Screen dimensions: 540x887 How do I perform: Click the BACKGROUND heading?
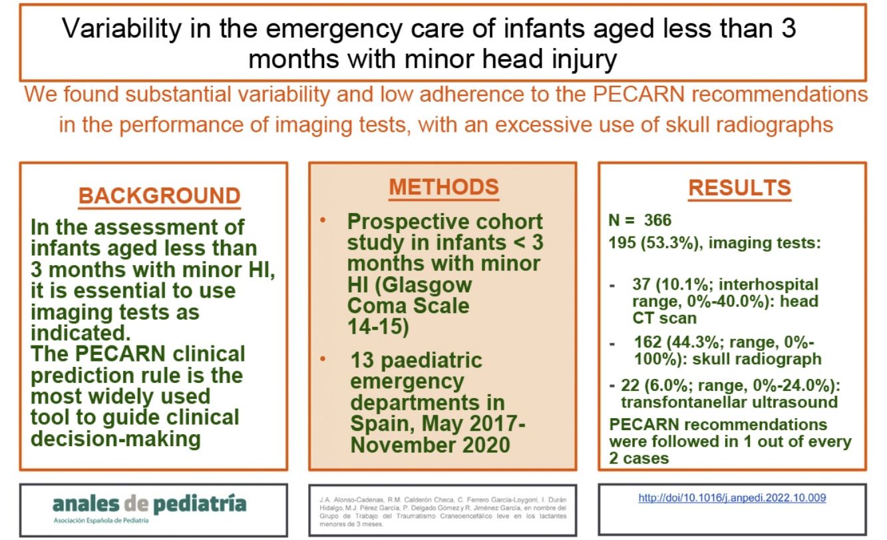pyautogui.click(x=159, y=196)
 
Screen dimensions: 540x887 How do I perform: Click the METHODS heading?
pyautogui.click(x=443, y=187)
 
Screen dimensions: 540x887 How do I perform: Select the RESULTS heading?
pyautogui.click(x=739, y=188)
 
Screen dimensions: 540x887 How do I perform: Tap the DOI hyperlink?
pyautogui.click(x=732, y=497)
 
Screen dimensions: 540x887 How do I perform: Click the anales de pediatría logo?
pyautogui.click(x=150, y=503)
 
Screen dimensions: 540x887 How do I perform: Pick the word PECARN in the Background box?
pyautogui.click(x=125, y=353)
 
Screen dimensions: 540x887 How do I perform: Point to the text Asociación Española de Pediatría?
pyautogui.click(x=101, y=519)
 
